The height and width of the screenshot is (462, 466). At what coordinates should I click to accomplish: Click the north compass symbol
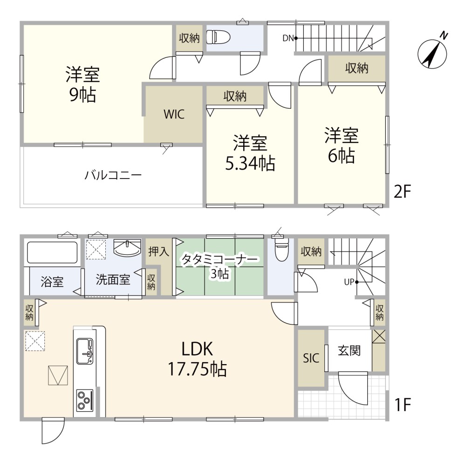(x=432, y=54)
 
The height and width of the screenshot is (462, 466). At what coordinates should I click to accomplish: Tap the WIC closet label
(x=174, y=114)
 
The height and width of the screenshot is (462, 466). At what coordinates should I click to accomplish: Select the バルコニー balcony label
(x=113, y=175)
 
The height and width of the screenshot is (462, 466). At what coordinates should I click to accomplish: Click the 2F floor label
(x=402, y=192)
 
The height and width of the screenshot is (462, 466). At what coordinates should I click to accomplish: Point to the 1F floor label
(x=402, y=404)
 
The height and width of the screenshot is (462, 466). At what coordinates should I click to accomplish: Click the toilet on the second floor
(x=219, y=37)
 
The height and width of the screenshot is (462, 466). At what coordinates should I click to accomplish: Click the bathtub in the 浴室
(x=52, y=252)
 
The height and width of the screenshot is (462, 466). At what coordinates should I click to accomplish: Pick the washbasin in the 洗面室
(x=127, y=248)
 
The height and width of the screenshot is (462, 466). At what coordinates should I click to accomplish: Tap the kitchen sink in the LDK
(x=85, y=351)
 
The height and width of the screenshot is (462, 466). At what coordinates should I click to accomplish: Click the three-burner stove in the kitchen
(x=85, y=400)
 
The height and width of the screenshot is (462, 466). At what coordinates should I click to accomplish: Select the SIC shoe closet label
(x=311, y=358)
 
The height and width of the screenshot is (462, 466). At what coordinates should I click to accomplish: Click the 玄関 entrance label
(x=349, y=351)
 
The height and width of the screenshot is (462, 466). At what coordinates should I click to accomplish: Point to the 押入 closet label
(x=159, y=252)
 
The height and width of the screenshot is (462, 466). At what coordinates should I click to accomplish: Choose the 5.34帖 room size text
(x=250, y=163)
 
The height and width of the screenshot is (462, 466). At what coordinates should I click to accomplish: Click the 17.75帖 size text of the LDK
(x=197, y=369)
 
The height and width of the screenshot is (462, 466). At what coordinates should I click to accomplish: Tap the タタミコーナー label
(x=219, y=260)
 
